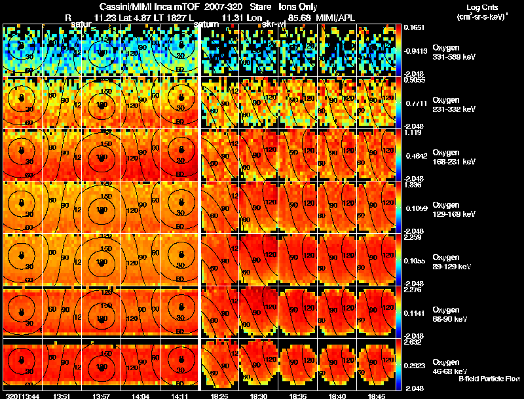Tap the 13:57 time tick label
(102, 396)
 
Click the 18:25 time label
(219, 396)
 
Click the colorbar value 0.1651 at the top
(414, 27)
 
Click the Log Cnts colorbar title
(481, 9)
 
